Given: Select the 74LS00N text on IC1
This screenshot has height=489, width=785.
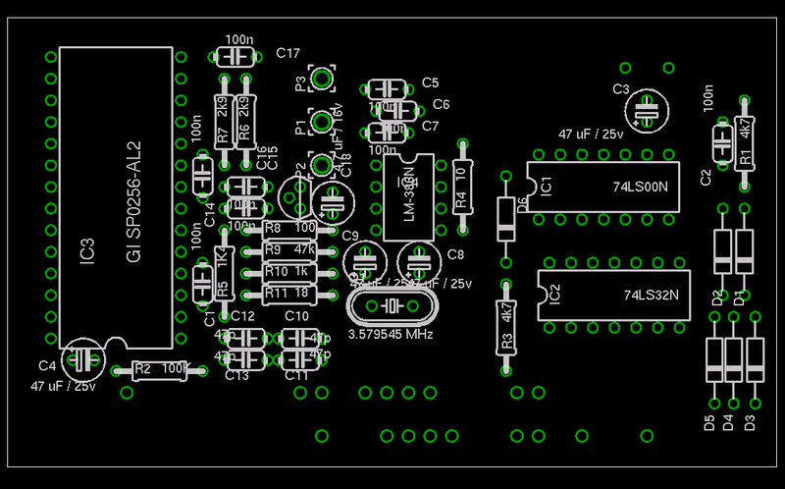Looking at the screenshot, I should tap(640, 186).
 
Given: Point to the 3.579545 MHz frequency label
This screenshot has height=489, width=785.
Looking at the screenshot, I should tap(392, 335).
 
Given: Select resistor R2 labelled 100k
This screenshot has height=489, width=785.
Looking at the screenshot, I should tap(159, 369).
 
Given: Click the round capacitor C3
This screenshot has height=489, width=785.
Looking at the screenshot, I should tap(646, 111).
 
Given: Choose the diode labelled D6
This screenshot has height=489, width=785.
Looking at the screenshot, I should tap(505, 219).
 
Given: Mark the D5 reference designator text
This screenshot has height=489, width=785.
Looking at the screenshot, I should tap(708, 423).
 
